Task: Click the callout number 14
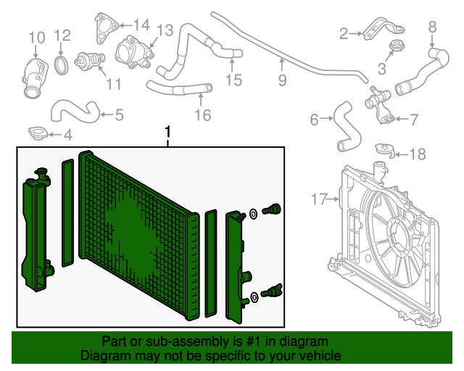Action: point(141,25)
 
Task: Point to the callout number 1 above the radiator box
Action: point(168,133)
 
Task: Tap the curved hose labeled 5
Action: point(75,109)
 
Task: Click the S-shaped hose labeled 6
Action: point(344,125)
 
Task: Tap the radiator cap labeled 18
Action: point(384,151)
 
